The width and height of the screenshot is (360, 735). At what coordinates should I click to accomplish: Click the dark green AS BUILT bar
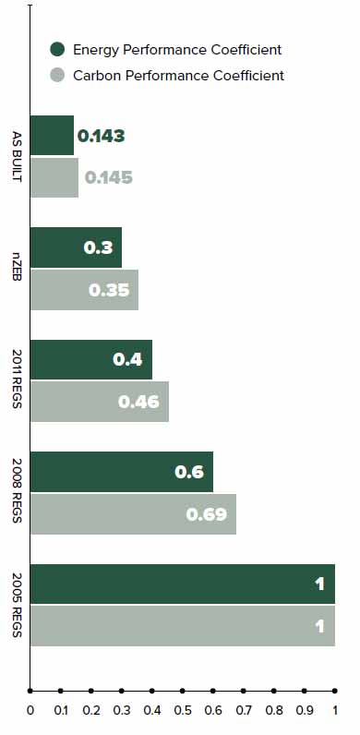52,135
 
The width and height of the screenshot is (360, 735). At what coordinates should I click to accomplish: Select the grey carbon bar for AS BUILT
54,177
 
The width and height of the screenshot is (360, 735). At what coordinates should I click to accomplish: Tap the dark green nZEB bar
76,247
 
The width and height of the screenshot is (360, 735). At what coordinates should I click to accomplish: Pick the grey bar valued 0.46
100,402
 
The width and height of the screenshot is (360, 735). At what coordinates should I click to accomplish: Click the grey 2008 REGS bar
133,513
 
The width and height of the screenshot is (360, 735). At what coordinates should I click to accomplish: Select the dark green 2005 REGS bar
183,584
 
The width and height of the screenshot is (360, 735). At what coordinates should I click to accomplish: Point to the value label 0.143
102,136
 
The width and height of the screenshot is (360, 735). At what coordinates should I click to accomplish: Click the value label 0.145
109,177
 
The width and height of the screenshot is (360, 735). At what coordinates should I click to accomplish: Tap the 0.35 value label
109,290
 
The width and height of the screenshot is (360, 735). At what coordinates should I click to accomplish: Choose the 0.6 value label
189,472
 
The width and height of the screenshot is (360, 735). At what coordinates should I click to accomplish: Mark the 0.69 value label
206,514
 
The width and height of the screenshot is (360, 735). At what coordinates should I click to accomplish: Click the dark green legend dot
57,49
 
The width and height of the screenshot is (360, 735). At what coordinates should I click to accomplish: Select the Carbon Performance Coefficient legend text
178,76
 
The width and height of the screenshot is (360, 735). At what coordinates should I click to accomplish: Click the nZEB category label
17,268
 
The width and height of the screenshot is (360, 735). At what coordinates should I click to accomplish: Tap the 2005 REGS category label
17,605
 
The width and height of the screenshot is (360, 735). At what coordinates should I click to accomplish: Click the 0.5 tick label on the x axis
183,710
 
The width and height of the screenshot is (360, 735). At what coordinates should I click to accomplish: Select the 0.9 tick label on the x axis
305,710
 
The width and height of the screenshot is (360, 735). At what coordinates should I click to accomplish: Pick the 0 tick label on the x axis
30,710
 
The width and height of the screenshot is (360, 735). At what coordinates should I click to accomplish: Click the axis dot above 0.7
244,691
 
